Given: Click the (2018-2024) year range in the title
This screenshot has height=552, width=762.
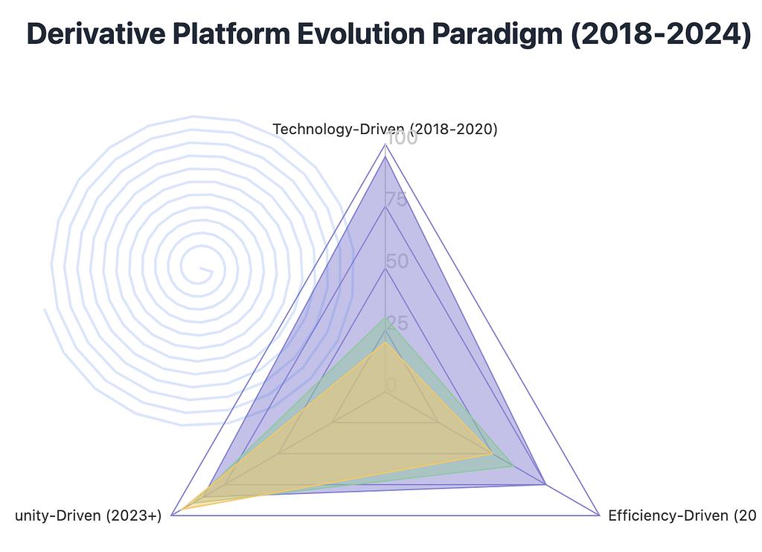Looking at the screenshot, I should (661, 35).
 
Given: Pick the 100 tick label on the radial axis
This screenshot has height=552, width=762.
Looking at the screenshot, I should (402, 139).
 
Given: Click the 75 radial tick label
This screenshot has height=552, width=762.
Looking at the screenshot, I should (397, 200).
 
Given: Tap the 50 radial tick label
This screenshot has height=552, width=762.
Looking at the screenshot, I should (397, 261).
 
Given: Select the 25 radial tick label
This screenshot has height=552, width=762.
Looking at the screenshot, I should (397, 323).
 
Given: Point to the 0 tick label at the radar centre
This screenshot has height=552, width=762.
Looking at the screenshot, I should (391, 385).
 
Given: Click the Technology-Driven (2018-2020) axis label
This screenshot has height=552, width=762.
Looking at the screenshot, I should (385, 129).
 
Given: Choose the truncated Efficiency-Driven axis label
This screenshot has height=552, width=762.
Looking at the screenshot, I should (682, 515).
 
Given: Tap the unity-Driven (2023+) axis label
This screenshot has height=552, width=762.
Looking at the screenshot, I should (89, 515).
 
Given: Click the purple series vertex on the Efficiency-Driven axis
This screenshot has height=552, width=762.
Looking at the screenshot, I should (545, 484).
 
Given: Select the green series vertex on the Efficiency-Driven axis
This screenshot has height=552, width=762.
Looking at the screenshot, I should (513, 466).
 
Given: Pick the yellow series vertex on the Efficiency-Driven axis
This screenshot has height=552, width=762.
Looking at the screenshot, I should (491, 453).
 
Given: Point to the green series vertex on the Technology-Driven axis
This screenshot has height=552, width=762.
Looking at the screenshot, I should (385, 318).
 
